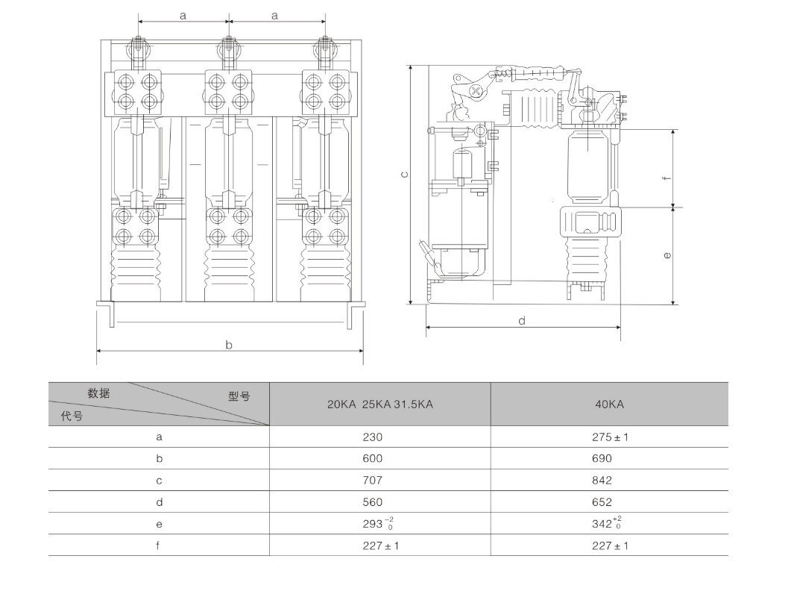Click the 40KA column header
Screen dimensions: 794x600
[x=609, y=404]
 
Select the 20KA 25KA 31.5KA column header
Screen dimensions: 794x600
[x=379, y=404]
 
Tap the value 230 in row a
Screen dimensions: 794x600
[x=372, y=437]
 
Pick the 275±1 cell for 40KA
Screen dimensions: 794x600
[x=610, y=437]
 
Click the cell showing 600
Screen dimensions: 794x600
[x=372, y=459]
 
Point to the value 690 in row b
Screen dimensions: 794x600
[x=602, y=459]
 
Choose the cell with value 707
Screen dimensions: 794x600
[x=372, y=481]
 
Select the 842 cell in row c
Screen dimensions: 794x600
[x=602, y=481]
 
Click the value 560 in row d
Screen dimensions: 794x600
[x=372, y=502]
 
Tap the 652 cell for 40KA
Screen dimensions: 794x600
[x=602, y=502]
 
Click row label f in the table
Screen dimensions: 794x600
[x=158, y=546]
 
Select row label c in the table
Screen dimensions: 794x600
[x=159, y=481]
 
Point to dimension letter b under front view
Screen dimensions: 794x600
[x=229, y=345]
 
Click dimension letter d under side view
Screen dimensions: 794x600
[x=522, y=320]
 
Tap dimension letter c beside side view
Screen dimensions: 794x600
[x=404, y=175]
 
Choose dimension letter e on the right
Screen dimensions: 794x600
[x=667, y=255]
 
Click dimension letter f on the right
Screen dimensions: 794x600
[x=667, y=178]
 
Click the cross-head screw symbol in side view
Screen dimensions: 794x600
[x=476, y=92]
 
